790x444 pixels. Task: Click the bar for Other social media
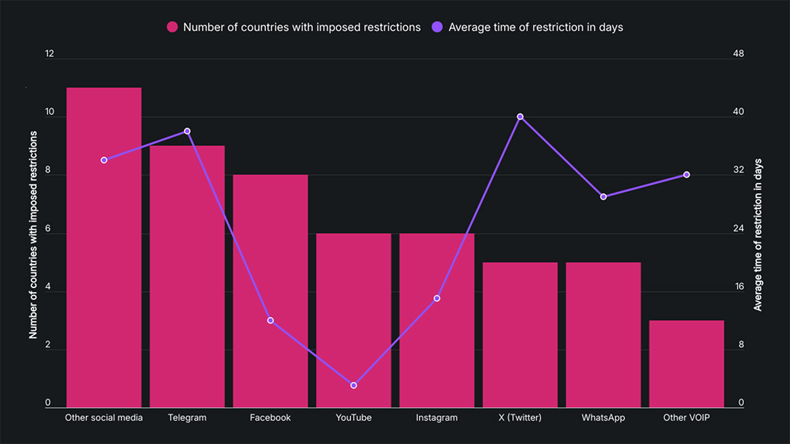[x=104, y=247]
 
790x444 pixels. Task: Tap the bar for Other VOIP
[x=686, y=364]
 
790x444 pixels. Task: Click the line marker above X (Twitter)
[x=520, y=117]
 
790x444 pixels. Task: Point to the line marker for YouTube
[x=354, y=385]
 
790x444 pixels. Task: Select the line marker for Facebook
[x=270, y=320]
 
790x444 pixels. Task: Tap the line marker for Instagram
[x=437, y=298]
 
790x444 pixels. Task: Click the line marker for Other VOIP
[x=686, y=175]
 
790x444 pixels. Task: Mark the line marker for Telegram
[x=187, y=131]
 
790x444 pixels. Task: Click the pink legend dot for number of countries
[x=172, y=27]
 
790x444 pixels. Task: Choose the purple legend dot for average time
[x=437, y=27]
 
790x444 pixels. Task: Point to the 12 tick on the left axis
[x=49, y=54]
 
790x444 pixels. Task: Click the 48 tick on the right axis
[x=738, y=54]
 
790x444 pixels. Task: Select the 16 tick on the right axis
[x=738, y=287]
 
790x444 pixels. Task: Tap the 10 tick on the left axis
[x=49, y=112]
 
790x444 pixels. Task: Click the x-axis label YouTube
[x=354, y=417]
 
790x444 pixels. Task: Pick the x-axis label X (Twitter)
[x=520, y=417]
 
